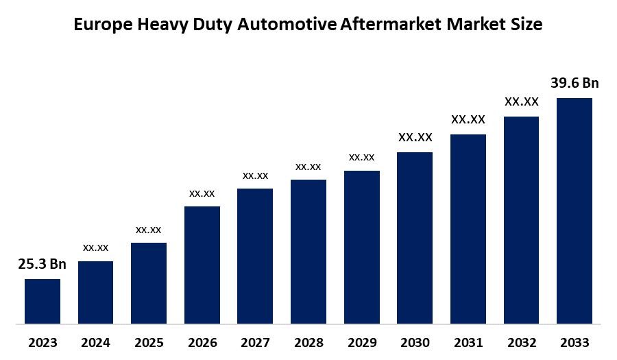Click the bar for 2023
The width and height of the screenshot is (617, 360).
click(43, 301)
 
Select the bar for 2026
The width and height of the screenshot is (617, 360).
click(202, 265)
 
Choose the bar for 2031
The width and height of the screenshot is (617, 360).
click(468, 228)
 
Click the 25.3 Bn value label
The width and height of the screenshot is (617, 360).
click(42, 265)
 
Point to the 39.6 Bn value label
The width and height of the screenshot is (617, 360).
click(574, 84)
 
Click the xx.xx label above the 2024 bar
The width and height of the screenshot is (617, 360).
click(96, 247)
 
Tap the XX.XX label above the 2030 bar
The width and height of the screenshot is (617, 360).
click(415, 138)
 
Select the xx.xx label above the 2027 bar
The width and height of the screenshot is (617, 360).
click(255, 176)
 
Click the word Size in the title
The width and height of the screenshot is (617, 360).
click(526, 25)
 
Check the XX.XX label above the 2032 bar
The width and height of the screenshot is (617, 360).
click(522, 102)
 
